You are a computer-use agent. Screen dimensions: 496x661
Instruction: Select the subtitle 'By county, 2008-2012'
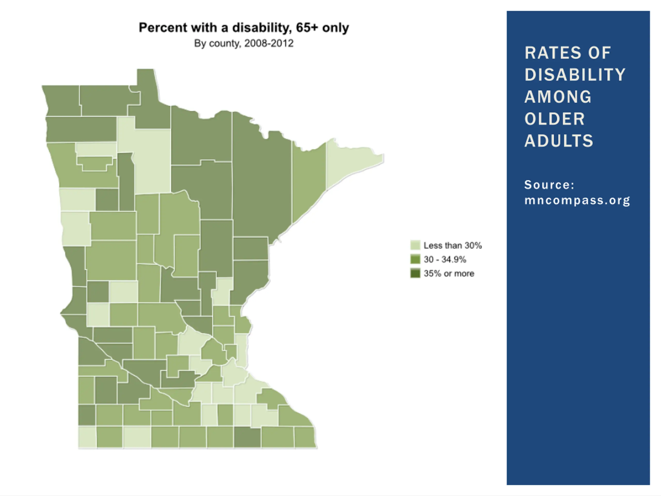pos(243,43)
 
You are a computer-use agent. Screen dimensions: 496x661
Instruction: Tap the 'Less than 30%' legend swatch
pos(415,245)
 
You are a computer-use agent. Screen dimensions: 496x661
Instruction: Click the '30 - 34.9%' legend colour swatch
pos(415,259)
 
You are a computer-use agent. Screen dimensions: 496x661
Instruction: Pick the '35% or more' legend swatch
pos(415,273)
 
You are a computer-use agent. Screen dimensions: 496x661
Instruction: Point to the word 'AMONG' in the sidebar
pos(558,97)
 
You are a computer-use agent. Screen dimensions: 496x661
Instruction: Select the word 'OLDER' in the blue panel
pos(555,119)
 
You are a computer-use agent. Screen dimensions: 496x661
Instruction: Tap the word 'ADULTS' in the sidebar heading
pos(559,141)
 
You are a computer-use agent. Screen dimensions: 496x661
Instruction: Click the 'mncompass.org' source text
pos(577,200)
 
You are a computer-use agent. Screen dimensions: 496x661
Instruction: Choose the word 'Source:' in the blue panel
pos(549,185)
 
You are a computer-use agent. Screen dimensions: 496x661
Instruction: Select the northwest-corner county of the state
pos(62,100)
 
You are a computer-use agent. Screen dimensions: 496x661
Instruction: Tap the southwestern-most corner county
pos(87,437)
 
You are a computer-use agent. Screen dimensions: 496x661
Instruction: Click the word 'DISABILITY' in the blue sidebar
pos(575,75)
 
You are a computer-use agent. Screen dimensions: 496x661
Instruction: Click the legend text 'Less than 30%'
pos(452,245)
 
